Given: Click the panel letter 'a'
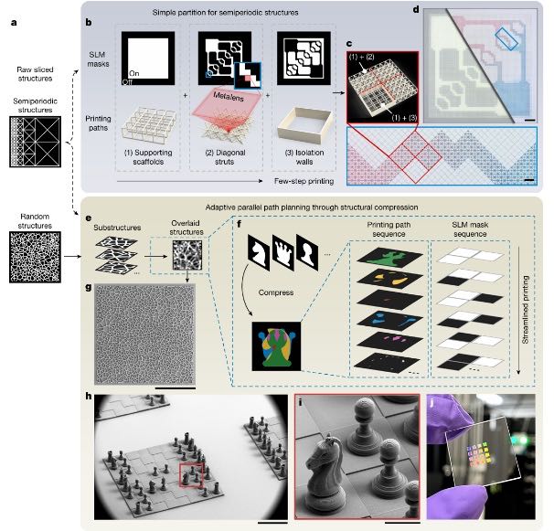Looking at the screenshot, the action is (x=14, y=24).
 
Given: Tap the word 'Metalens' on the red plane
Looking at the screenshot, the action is (x=229, y=96).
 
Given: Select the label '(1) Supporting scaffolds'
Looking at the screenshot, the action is (x=148, y=157).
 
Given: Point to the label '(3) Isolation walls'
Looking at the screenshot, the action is (x=304, y=157).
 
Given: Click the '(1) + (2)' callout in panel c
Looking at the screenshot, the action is (x=361, y=57).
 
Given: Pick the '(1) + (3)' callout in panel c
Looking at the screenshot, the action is (x=404, y=118).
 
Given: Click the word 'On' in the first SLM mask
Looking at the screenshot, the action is (x=133, y=73).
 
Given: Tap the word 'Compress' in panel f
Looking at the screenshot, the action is (x=276, y=292).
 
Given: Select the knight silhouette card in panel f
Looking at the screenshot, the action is (x=259, y=253).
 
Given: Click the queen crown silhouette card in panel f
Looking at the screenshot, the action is (x=283, y=253).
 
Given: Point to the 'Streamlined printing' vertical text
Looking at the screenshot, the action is (x=526, y=310).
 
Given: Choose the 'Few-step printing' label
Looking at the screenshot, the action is (x=304, y=181).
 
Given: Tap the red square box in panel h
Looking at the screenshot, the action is (x=191, y=475).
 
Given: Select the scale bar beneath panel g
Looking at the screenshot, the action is (x=176, y=388).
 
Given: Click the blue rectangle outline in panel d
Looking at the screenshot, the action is (x=506, y=39).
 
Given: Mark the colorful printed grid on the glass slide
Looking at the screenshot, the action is (x=479, y=453).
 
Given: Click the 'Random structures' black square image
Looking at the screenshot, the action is (x=35, y=257).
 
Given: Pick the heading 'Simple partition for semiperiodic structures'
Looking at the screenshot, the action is (x=226, y=13).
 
